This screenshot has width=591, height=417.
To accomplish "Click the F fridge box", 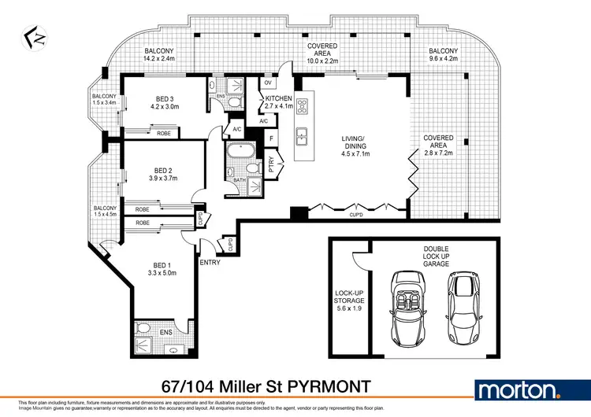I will (270, 138).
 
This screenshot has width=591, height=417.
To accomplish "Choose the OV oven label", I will (268, 83).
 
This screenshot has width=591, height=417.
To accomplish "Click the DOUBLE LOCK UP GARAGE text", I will (435, 256).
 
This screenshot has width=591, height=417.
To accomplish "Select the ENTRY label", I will (210, 262).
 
